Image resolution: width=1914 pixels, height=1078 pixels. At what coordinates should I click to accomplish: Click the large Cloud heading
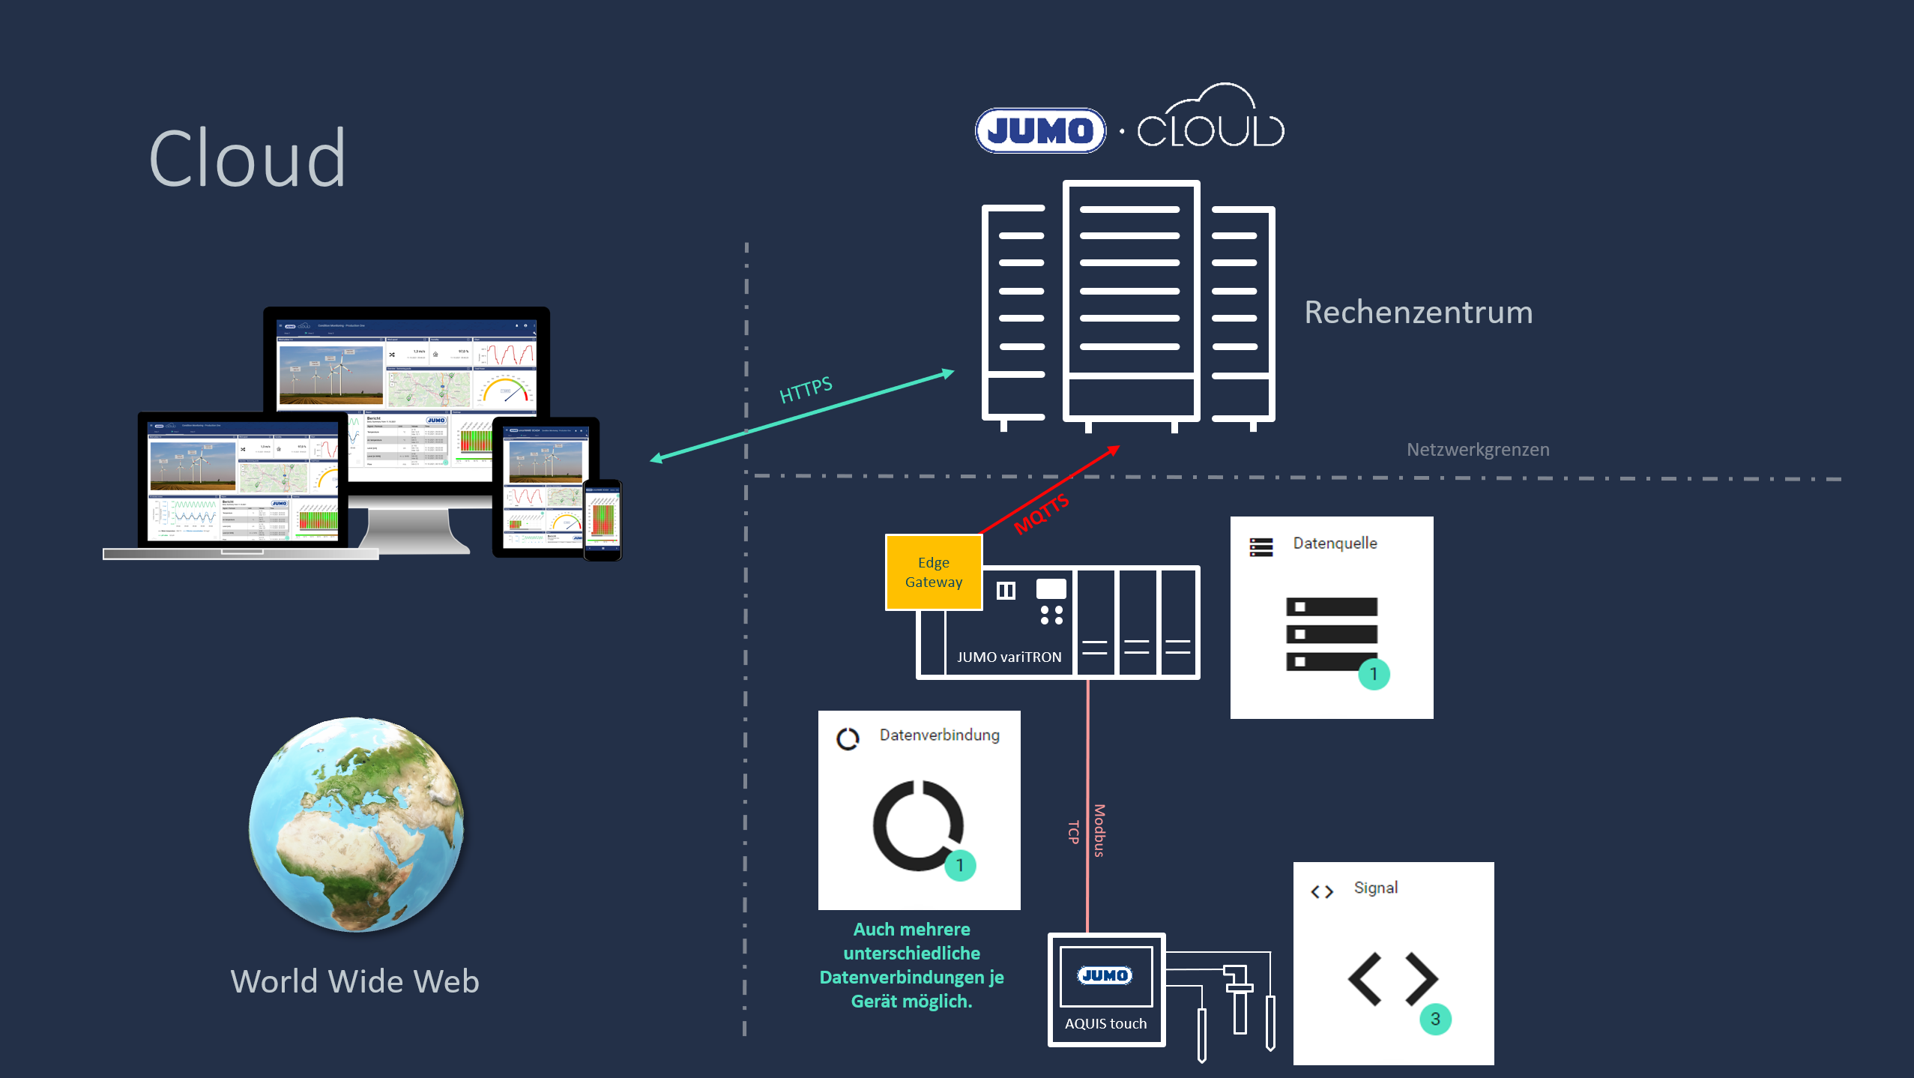pyautogui.click(x=247, y=159)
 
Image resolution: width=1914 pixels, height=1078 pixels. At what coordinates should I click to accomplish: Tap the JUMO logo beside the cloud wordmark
pyautogui.click(x=1040, y=131)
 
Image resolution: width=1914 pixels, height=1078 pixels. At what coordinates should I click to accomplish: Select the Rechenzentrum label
pyautogui.click(x=1418, y=312)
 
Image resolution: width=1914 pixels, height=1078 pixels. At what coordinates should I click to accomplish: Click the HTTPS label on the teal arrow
pyautogui.click(x=806, y=390)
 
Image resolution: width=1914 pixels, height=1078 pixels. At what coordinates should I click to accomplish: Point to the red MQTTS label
pyautogui.click(x=1041, y=514)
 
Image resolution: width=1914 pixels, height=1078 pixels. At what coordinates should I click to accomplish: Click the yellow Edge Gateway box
pyautogui.click(x=934, y=572)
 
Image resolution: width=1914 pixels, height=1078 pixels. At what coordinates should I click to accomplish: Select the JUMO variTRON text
pyautogui.click(x=1009, y=657)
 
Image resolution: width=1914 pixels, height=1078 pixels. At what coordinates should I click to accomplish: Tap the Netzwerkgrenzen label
pyautogui.click(x=1477, y=450)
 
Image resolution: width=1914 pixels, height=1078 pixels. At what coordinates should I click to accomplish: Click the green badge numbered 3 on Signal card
pyautogui.click(x=1435, y=1019)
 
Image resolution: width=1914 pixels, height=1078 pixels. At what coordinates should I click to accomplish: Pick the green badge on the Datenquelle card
pyautogui.click(x=1374, y=674)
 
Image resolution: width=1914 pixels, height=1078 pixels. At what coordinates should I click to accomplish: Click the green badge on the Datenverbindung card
pyautogui.click(x=959, y=865)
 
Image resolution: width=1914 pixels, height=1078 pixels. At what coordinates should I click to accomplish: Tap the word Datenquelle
pyautogui.click(x=1335, y=543)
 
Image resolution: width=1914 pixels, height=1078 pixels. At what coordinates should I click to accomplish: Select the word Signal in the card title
pyautogui.click(x=1375, y=888)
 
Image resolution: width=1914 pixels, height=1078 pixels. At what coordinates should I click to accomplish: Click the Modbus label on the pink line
pyautogui.click(x=1099, y=831)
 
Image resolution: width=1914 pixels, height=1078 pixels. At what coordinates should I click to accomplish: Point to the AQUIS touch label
pyautogui.click(x=1105, y=1023)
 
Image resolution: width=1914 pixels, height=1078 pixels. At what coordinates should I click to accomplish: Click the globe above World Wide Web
pyautogui.click(x=357, y=825)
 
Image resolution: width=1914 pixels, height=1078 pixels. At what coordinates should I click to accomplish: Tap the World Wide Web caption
pyautogui.click(x=354, y=981)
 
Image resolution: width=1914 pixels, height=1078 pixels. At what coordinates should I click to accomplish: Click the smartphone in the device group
pyautogui.click(x=603, y=520)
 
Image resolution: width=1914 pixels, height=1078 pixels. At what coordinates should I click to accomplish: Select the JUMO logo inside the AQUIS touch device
pyautogui.click(x=1105, y=975)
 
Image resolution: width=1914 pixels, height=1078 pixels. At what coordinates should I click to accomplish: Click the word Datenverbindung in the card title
pyautogui.click(x=939, y=735)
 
